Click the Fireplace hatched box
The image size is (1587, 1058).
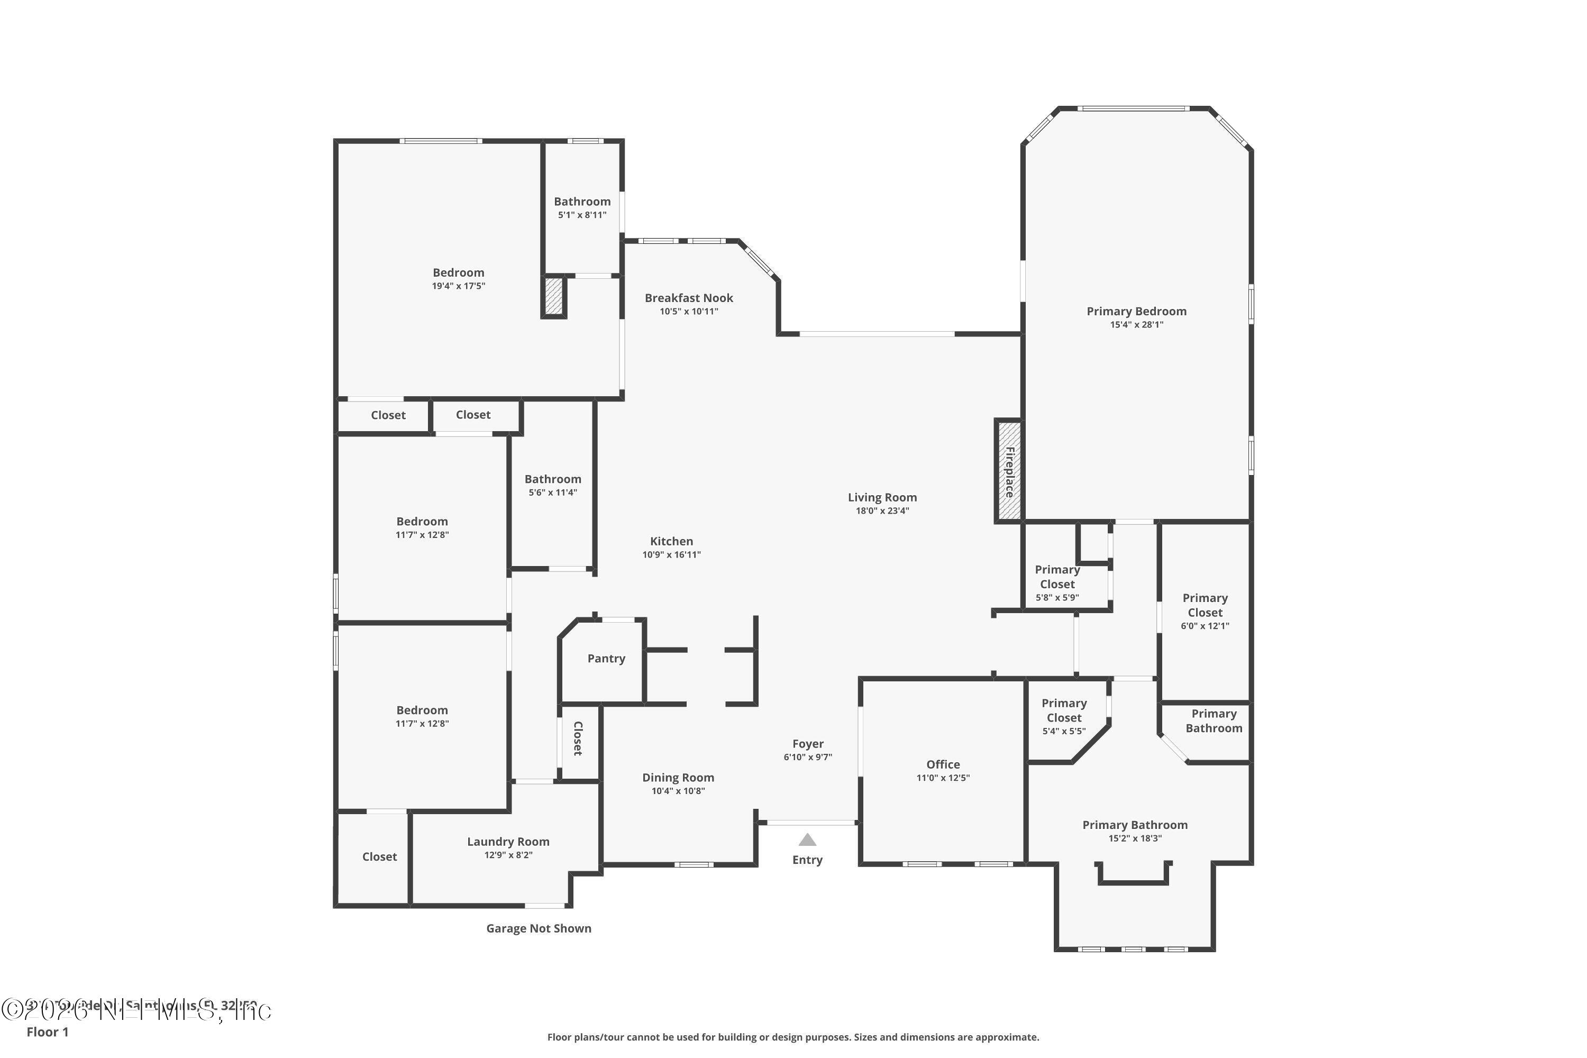tap(1009, 471)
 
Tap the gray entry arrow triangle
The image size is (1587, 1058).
tap(807, 840)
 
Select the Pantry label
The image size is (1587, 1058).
tap(606, 659)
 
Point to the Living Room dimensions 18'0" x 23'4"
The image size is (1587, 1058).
tap(882, 511)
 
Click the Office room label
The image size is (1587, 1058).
tap(943, 764)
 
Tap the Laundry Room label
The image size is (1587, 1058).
tap(508, 842)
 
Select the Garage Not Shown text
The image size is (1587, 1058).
tap(539, 928)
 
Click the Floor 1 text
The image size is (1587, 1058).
tap(47, 1032)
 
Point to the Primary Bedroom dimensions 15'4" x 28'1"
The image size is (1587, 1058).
tap(1136, 325)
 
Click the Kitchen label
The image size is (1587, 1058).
tap(671, 541)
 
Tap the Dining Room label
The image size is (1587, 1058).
tap(678, 777)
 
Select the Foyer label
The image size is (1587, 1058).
tap(808, 744)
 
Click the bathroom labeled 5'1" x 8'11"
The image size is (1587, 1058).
tap(581, 207)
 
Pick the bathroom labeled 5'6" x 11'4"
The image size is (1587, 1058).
tap(553, 485)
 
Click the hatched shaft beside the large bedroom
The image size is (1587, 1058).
tap(553, 296)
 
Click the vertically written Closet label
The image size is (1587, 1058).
tap(578, 739)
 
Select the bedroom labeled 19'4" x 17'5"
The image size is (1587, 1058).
tap(458, 279)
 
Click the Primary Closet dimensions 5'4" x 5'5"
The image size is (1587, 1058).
tap(1063, 731)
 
